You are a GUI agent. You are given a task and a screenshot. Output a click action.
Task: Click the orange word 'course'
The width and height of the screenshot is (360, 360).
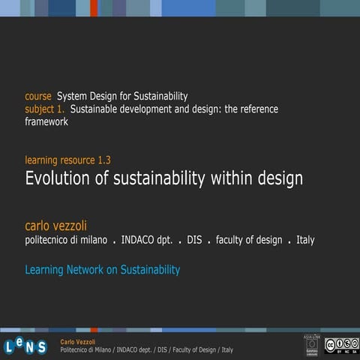[38, 96]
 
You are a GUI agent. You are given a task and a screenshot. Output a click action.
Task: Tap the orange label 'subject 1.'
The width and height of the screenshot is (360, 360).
[46, 109]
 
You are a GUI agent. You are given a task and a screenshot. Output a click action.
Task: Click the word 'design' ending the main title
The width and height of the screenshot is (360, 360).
[277, 178]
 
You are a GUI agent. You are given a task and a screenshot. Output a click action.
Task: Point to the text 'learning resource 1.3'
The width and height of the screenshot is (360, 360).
[68, 160]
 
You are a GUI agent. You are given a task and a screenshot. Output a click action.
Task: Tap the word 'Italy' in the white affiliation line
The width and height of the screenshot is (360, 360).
[305, 240]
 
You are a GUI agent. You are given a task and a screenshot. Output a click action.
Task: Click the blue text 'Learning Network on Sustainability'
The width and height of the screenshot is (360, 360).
[103, 269]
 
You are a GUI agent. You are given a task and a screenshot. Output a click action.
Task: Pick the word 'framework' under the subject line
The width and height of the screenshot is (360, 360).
[46, 121]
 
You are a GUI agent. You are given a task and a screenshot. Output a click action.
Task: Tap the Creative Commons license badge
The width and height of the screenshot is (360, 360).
[341, 344]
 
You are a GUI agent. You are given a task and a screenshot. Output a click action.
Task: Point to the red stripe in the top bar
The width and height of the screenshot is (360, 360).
[94, 7]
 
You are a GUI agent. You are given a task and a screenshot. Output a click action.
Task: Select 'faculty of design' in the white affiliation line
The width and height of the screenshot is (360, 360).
[249, 240]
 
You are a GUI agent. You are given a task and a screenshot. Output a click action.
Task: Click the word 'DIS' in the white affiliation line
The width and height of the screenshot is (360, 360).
[195, 240]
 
